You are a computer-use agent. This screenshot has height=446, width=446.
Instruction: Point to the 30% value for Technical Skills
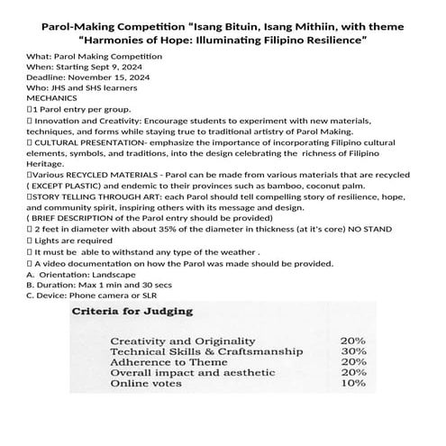pyautogui.click(x=352, y=351)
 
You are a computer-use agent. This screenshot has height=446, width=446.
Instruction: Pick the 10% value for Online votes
pyautogui.click(x=352, y=383)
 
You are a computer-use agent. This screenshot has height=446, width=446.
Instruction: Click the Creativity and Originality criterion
pyautogui.click(x=177, y=341)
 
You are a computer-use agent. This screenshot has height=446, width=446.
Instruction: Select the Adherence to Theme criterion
pyautogui.click(x=168, y=362)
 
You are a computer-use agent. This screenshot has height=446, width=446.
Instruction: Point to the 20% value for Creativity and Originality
pyautogui.click(x=352, y=341)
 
